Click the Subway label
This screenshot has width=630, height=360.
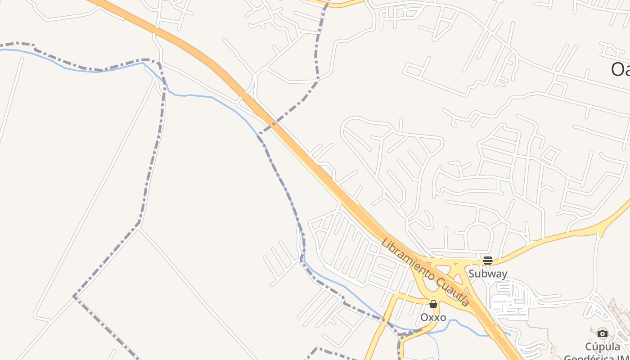(487, 274)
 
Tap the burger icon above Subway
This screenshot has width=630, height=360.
(487, 260)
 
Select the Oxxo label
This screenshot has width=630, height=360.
(433, 317)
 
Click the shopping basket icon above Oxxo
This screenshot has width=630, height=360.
(433, 305)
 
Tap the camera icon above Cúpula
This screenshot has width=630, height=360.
(602, 333)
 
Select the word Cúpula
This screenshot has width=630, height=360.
(602, 346)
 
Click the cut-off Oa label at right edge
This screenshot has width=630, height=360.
(620, 70)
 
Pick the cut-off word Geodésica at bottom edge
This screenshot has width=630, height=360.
(594, 357)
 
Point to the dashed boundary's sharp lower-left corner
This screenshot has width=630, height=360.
(75, 296)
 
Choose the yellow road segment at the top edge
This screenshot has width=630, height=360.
(342, 4)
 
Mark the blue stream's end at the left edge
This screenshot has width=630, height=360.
(2, 49)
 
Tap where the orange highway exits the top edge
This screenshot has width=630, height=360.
(97, 2)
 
